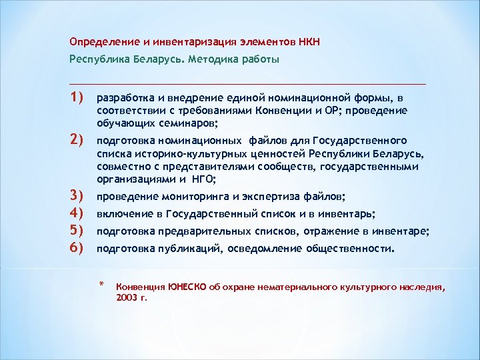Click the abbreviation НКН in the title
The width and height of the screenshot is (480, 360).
tap(309, 42)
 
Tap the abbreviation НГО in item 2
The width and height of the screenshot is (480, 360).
tap(202, 179)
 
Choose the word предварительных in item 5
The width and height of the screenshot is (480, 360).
tap(198, 232)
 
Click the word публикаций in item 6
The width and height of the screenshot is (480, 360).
tap(187, 249)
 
